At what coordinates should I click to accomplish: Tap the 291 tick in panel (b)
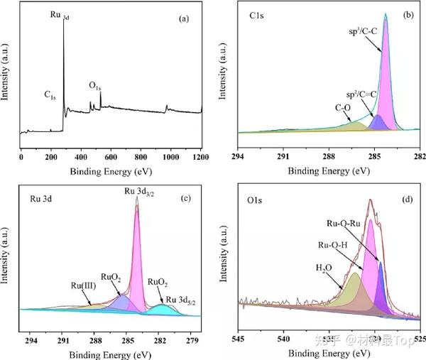283,155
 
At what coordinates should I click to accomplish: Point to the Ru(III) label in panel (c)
84,288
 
